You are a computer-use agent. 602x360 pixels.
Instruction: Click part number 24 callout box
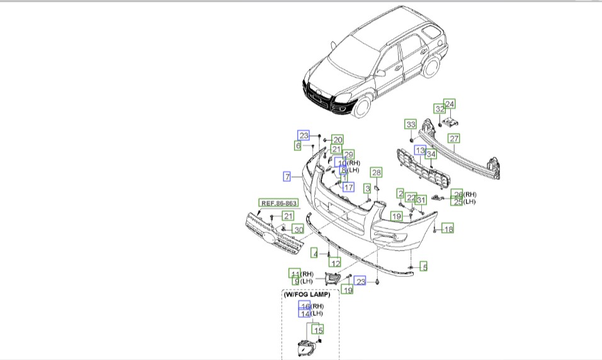coord(450,104)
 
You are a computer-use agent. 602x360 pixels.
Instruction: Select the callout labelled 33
coord(411,124)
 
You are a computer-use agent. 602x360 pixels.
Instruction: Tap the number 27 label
coord(454,139)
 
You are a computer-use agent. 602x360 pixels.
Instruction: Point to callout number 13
coord(420,150)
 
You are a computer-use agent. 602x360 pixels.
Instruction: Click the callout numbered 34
coord(431,154)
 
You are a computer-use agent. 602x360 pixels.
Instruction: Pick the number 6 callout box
coord(298,146)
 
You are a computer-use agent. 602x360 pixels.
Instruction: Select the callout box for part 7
coord(287,177)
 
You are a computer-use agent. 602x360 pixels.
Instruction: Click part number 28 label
coord(376,172)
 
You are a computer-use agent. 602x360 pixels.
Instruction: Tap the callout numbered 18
coord(448,229)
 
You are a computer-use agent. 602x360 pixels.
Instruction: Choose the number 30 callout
coord(298,230)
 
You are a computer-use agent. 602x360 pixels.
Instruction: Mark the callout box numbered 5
coord(424,267)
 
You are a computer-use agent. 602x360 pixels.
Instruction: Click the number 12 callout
coord(336,263)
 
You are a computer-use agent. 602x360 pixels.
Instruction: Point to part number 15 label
coord(319,330)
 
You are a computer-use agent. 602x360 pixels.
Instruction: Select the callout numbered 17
coord(348,186)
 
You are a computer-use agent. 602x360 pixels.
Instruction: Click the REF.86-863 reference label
coord(278,203)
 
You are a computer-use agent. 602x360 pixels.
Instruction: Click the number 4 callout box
coord(314,253)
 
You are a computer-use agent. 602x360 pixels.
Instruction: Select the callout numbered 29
coord(348,154)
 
